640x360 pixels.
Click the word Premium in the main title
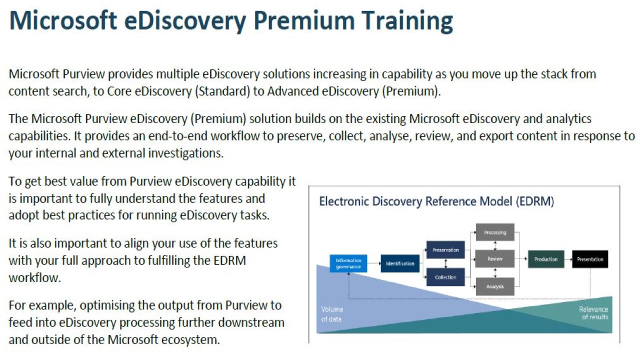coord(304,20)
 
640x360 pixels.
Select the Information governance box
coord(348,263)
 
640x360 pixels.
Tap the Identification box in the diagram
coord(400,263)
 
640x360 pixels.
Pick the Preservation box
coord(445,250)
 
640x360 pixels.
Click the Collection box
coord(445,277)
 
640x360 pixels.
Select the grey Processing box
coord(495,232)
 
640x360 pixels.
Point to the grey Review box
coord(495,259)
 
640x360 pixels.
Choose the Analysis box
coord(495,286)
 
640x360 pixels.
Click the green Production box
coord(546,259)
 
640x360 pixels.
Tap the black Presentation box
coord(590,259)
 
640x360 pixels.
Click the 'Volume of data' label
coord(331,314)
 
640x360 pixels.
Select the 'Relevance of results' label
coord(594,313)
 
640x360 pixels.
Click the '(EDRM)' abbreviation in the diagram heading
coord(535,201)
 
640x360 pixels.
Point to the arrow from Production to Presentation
coord(568,259)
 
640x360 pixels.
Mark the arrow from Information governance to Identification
coord(374,263)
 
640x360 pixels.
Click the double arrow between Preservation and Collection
coord(445,263)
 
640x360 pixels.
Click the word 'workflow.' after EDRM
coord(35,277)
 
